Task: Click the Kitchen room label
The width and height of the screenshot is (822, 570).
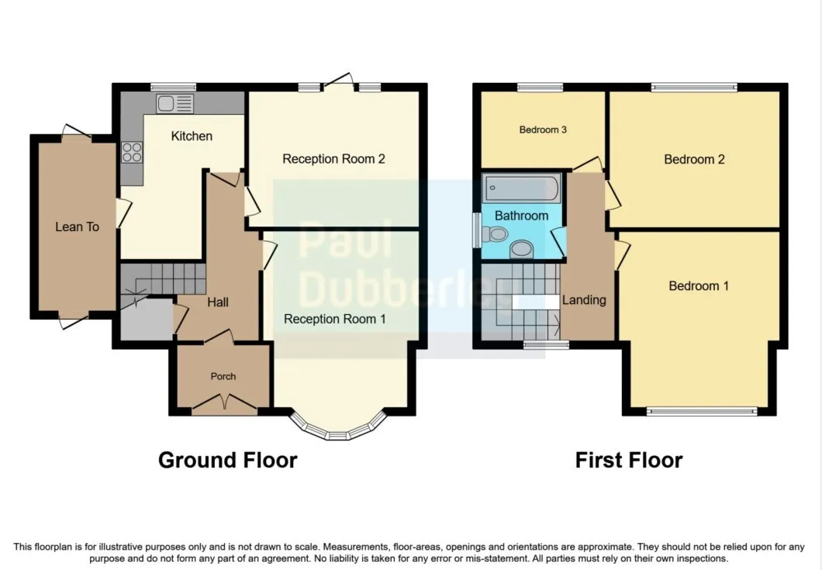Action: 192,136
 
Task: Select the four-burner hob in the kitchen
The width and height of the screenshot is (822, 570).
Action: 132,153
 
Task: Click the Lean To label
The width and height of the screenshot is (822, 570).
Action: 77,226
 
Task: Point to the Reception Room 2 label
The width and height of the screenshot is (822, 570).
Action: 334,159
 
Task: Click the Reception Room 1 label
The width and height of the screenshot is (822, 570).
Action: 335,319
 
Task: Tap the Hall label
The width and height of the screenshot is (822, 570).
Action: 218,302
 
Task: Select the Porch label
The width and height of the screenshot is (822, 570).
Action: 223,376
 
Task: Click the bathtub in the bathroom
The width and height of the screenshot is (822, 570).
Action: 522,188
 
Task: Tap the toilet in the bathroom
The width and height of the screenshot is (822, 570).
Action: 494,234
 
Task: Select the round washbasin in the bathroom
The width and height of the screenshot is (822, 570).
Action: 521,249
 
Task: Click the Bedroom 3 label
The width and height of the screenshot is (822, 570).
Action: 543,130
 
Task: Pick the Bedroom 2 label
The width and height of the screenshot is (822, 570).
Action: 694,160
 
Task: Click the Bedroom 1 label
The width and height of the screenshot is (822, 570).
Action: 699,286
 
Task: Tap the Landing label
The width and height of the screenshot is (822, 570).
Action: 584,300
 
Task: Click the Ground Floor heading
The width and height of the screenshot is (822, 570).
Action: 227,460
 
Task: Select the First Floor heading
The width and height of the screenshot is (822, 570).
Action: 629,460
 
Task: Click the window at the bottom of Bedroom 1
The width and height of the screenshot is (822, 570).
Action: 702,412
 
